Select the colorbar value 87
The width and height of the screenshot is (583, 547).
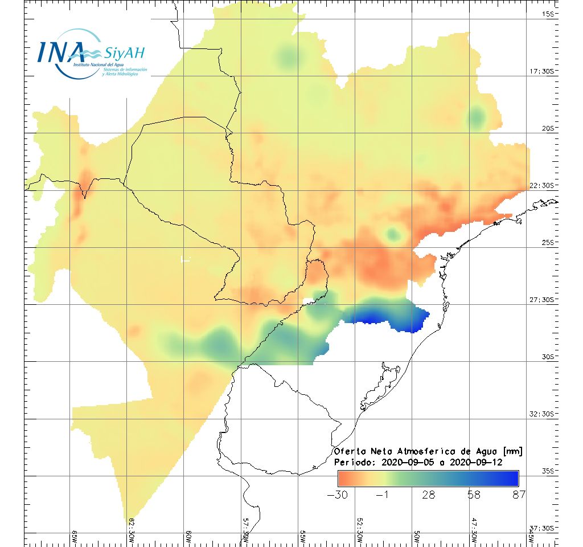pyautogui.click(x=518, y=495)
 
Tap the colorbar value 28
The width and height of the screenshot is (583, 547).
pyautogui.click(x=428, y=495)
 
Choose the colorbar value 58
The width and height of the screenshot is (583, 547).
pyautogui.click(x=474, y=495)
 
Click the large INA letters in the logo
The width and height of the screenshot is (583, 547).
pyautogui.click(x=61, y=52)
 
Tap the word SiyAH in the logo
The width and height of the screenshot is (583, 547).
pyautogui.click(x=125, y=54)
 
